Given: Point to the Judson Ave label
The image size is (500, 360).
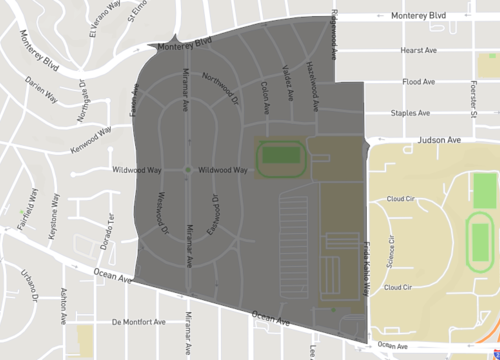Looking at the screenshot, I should (x=437, y=141).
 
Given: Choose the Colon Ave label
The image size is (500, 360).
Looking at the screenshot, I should (x=265, y=96).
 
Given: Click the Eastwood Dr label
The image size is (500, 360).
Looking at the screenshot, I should (x=214, y=212).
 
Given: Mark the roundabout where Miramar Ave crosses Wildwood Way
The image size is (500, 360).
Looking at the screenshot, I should (x=188, y=170).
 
